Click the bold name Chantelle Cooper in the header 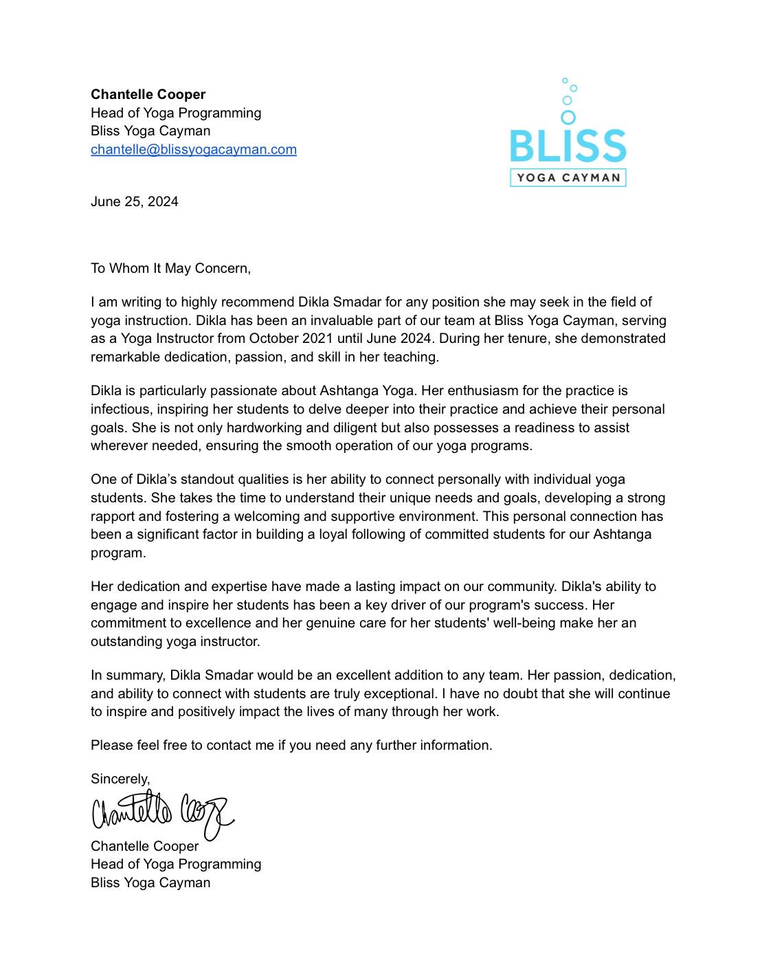(148, 94)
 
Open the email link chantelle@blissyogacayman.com (193, 149)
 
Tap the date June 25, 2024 (134, 201)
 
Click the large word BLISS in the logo (568, 146)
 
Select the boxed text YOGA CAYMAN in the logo (568, 178)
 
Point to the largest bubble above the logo (568, 118)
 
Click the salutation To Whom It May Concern (170, 268)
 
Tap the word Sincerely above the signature (120, 779)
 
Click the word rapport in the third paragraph (113, 516)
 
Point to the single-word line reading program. (117, 553)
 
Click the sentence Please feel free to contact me (291, 745)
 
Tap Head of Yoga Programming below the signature (176, 864)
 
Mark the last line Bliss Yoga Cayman (150, 882)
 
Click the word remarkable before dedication (122, 357)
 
